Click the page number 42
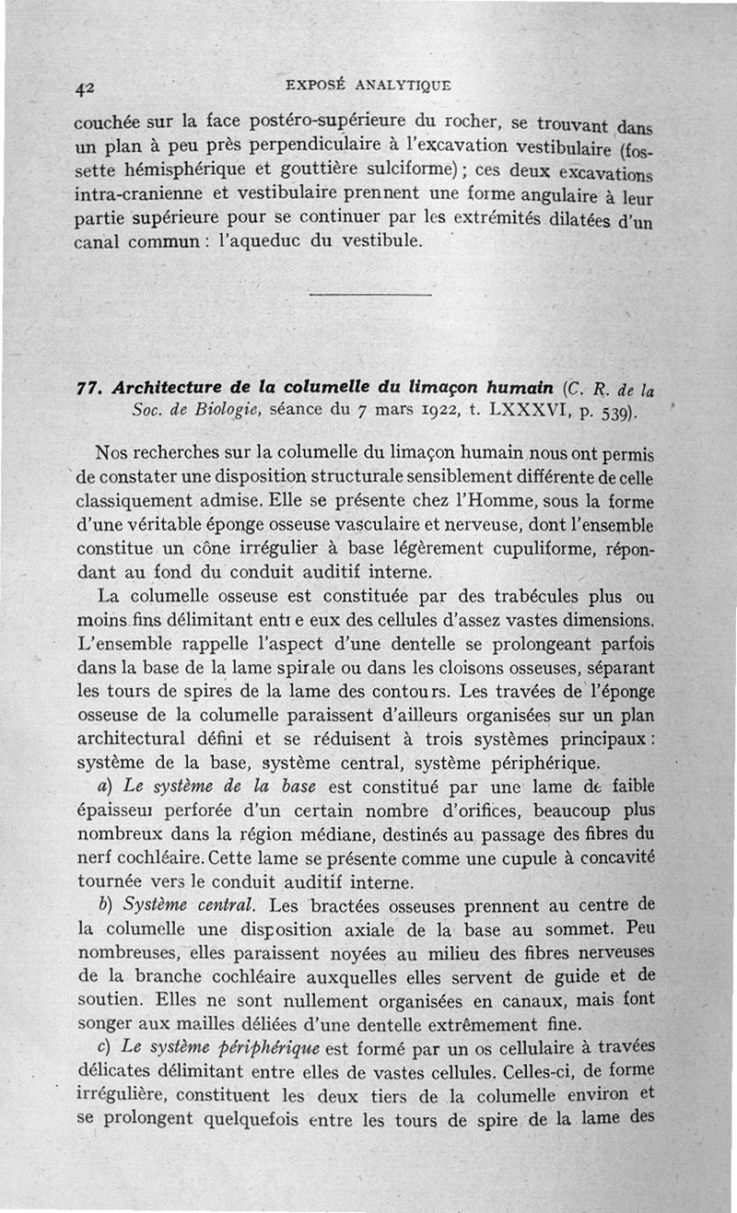click(85, 87)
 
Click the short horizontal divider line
click(370, 294)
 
